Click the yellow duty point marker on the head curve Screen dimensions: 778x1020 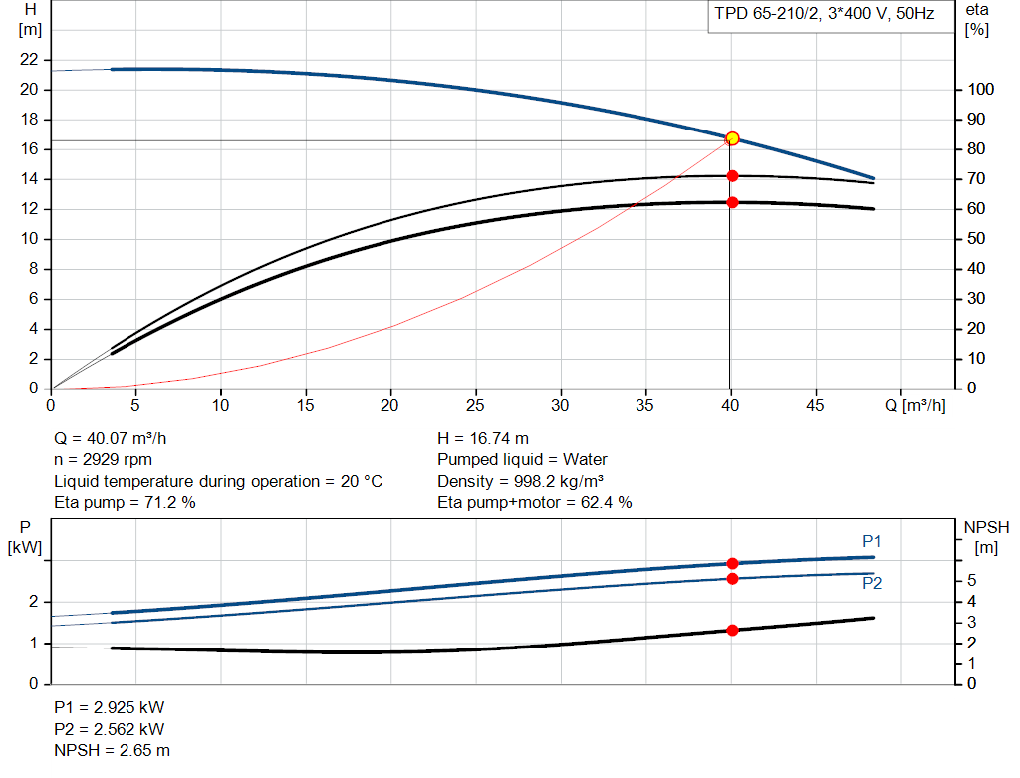click(732, 138)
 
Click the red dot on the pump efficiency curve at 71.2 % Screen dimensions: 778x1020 click(732, 176)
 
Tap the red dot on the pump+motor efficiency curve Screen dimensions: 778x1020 click(732, 202)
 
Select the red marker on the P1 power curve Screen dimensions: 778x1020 click(732, 564)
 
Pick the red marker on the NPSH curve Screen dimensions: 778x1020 click(732, 630)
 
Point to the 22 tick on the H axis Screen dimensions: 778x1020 click(29, 60)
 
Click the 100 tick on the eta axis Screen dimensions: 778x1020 click(980, 90)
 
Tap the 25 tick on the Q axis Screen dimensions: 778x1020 click(476, 405)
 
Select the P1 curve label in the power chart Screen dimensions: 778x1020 click(872, 541)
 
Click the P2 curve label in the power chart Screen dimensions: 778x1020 click(872, 584)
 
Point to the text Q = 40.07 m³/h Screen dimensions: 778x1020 click(119, 438)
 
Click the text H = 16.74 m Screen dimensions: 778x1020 click(483, 438)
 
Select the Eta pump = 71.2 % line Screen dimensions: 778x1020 click(125, 503)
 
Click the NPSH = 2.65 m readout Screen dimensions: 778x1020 click(112, 750)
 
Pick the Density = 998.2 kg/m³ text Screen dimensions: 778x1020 click(520, 481)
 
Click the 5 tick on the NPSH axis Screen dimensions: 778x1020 click(970, 581)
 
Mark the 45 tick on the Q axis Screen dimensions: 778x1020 click(817, 405)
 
